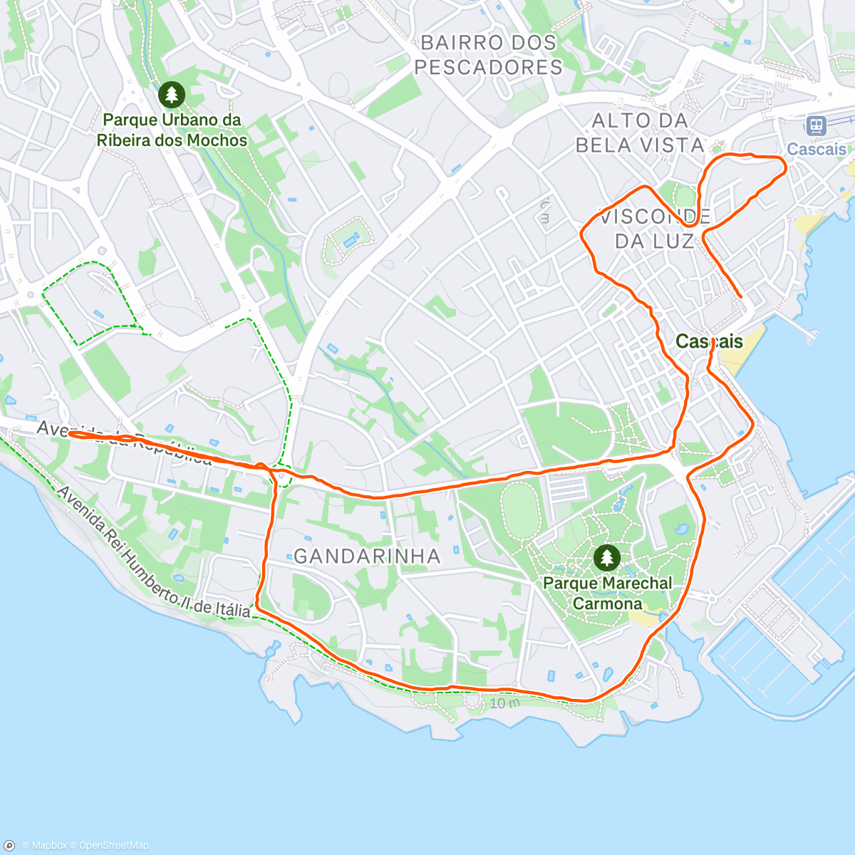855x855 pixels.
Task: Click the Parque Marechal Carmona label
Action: tap(607, 594)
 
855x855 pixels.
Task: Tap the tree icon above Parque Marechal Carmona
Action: tap(606, 557)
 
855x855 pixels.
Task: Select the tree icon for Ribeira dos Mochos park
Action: tap(171, 94)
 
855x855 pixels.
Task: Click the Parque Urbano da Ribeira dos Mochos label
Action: tap(172, 130)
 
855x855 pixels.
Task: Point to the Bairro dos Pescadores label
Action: tap(488, 55)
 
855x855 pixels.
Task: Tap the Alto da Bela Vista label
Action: tap(640, 133)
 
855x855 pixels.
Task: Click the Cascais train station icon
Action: tap(816, 126)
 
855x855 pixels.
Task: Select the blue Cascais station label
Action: tap(817, 150)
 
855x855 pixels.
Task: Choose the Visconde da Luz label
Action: tap(654, 229)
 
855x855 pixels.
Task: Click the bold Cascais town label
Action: tap(709, 342)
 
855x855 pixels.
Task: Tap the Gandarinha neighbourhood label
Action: tap(367, 556)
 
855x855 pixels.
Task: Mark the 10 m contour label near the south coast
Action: tap(504, 703)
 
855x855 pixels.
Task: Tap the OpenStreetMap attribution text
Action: tap(113, 846)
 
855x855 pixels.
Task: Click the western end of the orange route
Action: tap(70, 433)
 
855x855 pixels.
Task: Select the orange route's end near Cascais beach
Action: tap(741, 296)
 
